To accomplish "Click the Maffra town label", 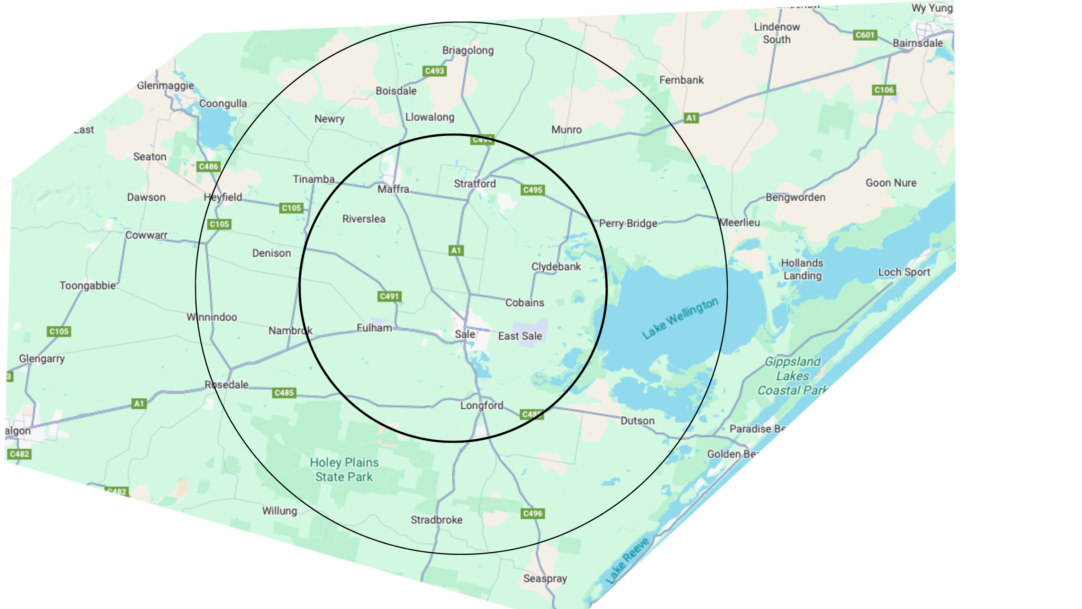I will coord(393,189).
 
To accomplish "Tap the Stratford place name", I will coord(475,184).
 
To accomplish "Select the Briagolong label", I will coord(468,50).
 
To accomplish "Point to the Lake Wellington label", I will coord(679,318).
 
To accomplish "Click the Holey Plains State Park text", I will coord(344,470).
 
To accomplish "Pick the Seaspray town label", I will coord(545,578).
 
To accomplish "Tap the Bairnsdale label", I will coord(918,43).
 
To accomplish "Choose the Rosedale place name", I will coord(226,385).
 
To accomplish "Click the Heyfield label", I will coord(223,198).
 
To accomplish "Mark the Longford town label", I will coord(482,405).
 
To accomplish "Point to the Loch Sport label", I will coord(904,272).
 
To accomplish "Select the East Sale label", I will coord(520,336).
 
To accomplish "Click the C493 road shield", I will coord(435,71).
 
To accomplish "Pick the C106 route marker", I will coord(884,90).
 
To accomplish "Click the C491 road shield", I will coord(389,296).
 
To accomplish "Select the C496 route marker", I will coord(532,514).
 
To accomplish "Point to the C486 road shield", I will coord(209,167).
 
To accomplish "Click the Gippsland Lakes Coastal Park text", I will coord(792,376).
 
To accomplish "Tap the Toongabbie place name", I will coord(87,286).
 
